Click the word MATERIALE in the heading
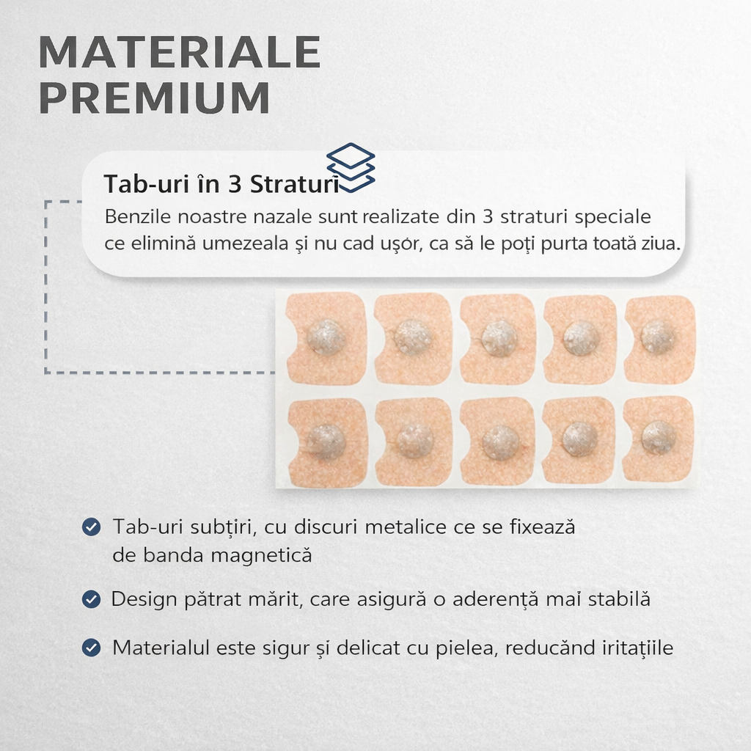coord(180,52)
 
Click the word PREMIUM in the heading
coord(154,98)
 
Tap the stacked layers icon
coord(351,168)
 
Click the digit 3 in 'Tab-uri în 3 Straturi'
coord(234,184)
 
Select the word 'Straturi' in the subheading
coord(295,184)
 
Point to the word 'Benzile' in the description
coord(138,216)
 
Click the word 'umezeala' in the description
coord(245,243)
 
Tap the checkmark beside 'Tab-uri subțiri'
coord(91,527)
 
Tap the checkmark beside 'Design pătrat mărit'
coord(91,599)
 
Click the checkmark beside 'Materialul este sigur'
coord(91,648)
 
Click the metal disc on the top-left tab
coord(326,337)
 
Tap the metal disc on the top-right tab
coord(658,337)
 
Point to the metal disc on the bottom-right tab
coord(659,438)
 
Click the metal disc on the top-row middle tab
coord(499,339)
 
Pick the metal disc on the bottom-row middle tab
coord(500,442)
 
